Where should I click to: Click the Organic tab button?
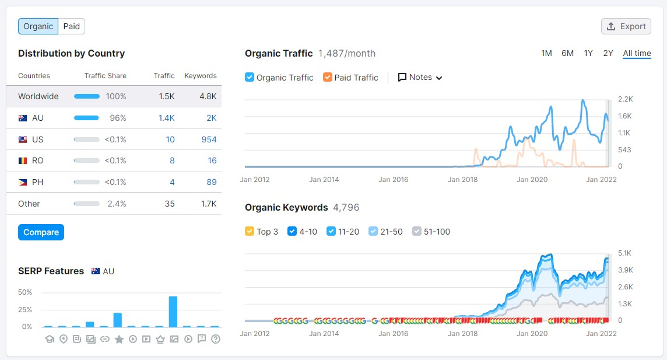[38, 26]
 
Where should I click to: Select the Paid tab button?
[71, 26]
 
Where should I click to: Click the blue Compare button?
[41, 232]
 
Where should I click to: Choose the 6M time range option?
[567, 53]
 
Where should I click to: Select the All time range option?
[637, 53]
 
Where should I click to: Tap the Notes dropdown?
[420, 77]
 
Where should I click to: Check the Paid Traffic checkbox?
[328, 77]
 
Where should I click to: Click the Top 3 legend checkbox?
[250, 232]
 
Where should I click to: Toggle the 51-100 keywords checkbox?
[417, 232]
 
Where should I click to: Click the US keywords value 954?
[209, 139]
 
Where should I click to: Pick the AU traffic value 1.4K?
[166, 118]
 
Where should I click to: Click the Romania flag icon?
[23, 160]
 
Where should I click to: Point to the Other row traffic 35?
[169, 204]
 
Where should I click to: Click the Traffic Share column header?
[105, 76]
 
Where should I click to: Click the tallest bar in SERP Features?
[173, 312]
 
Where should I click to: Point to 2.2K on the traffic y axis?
[625, 99]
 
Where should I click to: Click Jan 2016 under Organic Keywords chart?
[393, 334]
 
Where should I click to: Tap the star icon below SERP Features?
[119, 339]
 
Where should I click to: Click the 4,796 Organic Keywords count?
[346, 208]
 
